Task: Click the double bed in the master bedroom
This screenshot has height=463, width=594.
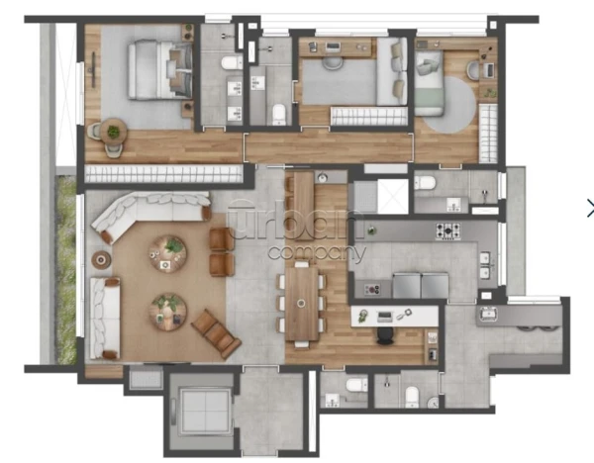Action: tap(159, 69)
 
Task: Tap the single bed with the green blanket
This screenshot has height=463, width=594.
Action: tap(429, 83)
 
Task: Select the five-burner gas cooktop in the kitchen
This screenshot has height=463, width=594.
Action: tap(447, 231)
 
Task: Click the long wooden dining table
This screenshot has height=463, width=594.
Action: tap(302, 304)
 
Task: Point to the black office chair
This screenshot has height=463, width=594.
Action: tap(386, 336)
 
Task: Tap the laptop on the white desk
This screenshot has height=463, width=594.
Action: tap(385, 317)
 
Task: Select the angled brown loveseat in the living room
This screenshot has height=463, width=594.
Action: tap(216, 334)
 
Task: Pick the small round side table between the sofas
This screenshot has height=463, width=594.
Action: tap(101, 260)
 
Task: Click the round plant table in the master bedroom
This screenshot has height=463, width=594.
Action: tap(113, 132)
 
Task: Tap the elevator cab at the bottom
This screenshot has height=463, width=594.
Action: tap(205, 411)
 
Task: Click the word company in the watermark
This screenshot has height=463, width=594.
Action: tap(317, 252)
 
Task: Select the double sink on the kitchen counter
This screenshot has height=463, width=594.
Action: tap(485, 265)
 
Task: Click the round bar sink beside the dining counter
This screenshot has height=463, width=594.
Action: tap(323, 177)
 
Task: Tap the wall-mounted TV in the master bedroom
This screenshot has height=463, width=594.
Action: tap(93, 64)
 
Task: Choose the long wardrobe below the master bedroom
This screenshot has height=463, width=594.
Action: tap(163, 174)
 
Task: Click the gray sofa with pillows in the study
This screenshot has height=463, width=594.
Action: tap(392, 71)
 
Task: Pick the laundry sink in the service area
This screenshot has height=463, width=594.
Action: tap(487, 314)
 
